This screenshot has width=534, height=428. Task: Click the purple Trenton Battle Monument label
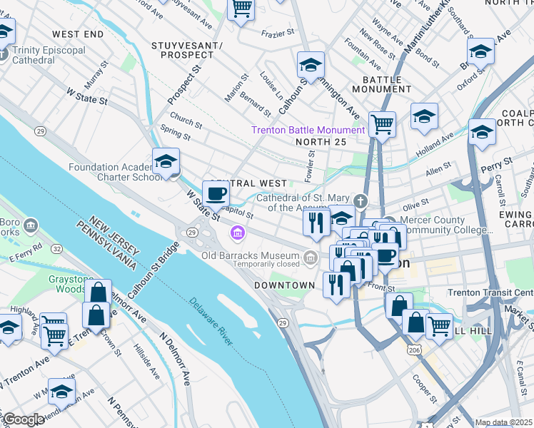pos(307,130)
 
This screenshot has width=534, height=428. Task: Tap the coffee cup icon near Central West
pos(216,193)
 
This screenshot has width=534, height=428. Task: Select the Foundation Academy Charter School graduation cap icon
pos(166,161)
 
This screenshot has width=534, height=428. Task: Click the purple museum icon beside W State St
pos(237,233)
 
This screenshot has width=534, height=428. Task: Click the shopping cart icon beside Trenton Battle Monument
pos(383,124)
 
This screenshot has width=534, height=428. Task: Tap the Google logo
pos(24,419)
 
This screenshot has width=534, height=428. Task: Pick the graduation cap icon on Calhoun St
pos(311,65)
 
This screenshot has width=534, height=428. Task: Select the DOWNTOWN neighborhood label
pos(285,285)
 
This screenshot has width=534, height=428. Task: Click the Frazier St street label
pos(278,32)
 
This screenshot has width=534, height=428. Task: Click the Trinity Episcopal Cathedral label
pos(48,55)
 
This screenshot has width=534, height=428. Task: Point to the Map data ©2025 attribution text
pos(503,422)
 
